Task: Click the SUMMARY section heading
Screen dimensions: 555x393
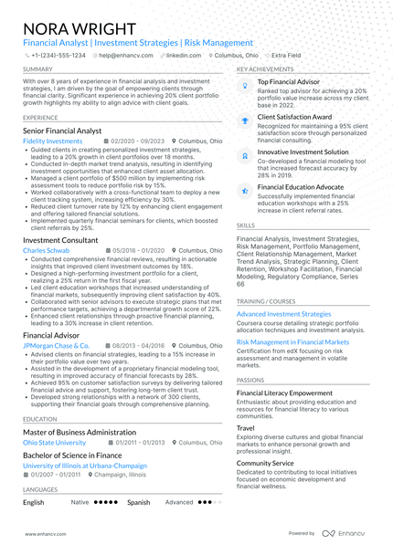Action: pyautogui.click(x=37, y=69)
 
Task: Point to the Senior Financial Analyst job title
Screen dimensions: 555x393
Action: pyautogui.click(x=62, y=131)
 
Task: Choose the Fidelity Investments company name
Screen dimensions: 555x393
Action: pyautogui.click(x=52, y=142)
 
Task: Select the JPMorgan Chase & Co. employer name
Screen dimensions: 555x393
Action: pyautogui.click(x=56, y=346)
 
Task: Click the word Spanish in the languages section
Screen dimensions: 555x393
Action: pyautogui.click(x=139, y=502)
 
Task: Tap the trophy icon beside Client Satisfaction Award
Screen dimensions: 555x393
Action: pyautogui.click(x=244, y=119)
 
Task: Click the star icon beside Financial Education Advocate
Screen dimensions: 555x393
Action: pyautogui.click(x=244, y=188)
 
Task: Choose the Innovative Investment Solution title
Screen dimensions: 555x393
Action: pyautogui.click(x=303, y=152)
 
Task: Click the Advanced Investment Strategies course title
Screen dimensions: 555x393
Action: pyautogui.click(x=284, y=314)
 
